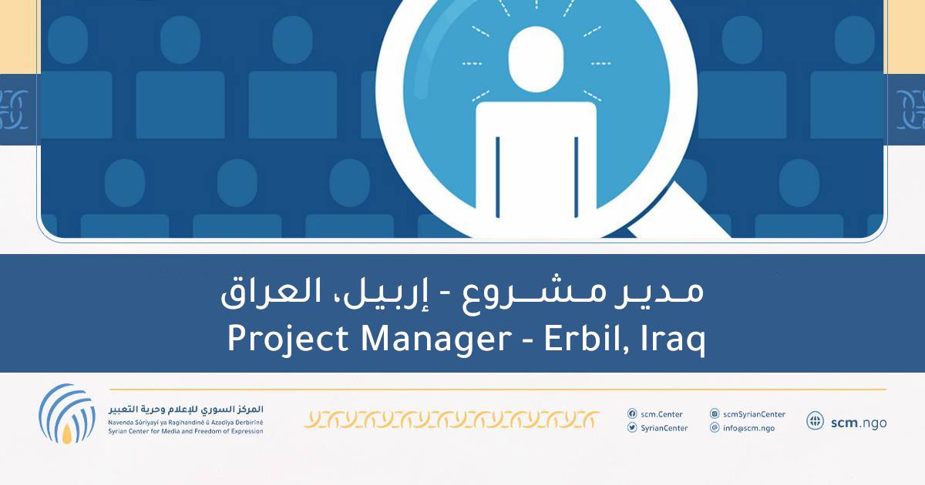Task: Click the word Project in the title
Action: click(x=274, y=339)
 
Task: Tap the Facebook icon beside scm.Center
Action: click(x=632, y=414)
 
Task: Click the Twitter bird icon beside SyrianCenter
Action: click(x=632, y=428)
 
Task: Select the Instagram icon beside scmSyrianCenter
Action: click(x=715, y=414)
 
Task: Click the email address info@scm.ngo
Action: click(x=748, y=428)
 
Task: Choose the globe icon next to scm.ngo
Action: click(x=815, y=421)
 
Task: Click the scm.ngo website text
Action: click(x=859, y=422)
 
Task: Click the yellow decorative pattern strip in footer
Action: click(x=452, y=420)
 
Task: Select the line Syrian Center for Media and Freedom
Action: click(x=185, y=431)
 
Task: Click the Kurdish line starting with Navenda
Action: click(x=185, y=422)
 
